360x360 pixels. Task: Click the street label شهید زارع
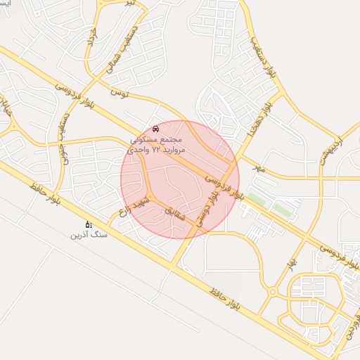tap(134, 202)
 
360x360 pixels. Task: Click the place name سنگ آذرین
tap(89, 234)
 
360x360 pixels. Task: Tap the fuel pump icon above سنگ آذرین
tap(88, 224)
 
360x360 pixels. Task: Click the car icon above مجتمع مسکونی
tap(155, 129)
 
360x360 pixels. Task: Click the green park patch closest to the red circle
tap(256, 200)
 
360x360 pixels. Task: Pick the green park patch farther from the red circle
tap(281, 210)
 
